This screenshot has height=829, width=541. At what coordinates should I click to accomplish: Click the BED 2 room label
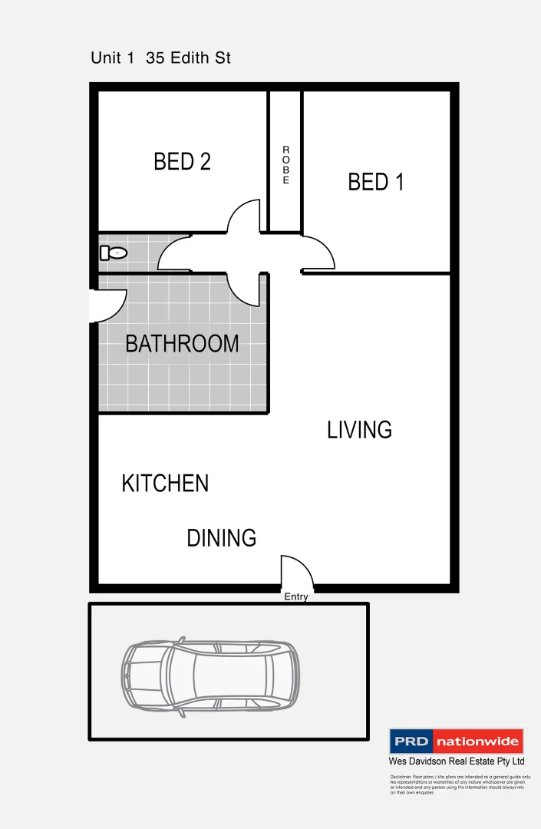(x=182, y=162)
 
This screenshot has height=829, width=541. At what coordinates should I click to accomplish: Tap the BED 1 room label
(x=375, y=182)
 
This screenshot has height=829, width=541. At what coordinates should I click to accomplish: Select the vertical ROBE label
(x=285, y=165)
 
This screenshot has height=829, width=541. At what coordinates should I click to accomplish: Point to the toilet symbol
(x=113, y=253)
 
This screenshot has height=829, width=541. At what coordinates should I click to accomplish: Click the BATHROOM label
(x=182, y=344)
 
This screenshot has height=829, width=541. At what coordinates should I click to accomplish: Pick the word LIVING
(x=359, y=430)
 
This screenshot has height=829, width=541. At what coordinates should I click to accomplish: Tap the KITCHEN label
(x=165, y=484)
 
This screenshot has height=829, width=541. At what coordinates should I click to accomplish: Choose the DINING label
(x=221, y=538)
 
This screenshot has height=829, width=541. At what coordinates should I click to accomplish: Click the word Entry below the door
(x=296, y=597)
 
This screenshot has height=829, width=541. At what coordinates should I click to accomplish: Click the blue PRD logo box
(x=411, y=742)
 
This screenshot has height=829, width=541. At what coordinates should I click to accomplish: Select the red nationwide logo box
(x=478, y=742)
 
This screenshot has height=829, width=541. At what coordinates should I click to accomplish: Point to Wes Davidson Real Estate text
(x=456, y=761)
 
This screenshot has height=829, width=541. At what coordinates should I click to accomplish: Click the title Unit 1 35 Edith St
(x=160, y=58)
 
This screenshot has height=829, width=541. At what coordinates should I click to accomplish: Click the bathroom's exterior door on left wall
(x=107, y=306)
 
